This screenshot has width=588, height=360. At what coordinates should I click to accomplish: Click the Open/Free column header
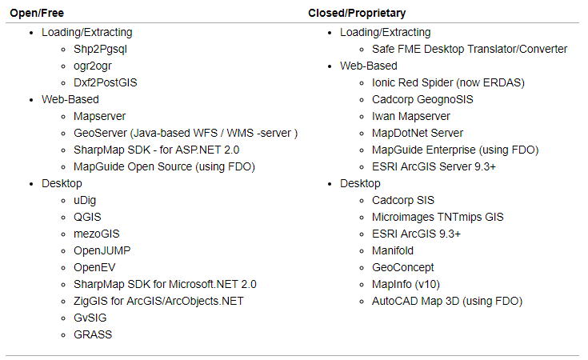pos(36,14)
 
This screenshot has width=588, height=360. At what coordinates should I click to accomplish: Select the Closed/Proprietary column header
pos(356,14)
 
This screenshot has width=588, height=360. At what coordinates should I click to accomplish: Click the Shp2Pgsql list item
pos(100,49)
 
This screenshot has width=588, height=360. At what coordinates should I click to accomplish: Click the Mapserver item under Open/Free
pos(99,116)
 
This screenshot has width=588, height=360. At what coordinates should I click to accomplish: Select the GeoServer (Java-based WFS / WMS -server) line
pos(186,133)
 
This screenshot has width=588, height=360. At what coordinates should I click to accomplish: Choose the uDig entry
pos(85,200)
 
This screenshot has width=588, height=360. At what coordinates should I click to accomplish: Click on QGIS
pos(87,217)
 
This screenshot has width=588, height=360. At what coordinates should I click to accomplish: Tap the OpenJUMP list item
pos(102,250)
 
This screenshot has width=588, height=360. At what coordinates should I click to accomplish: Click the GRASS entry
pos(93,334)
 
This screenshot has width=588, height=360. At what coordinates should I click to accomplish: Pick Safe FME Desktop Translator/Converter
pos(470,49)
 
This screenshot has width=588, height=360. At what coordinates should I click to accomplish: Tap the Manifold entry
pos(394,250)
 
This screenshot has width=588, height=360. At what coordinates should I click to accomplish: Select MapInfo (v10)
pos(406,284)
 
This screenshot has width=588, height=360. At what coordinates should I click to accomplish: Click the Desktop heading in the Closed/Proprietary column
pos(360,183)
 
